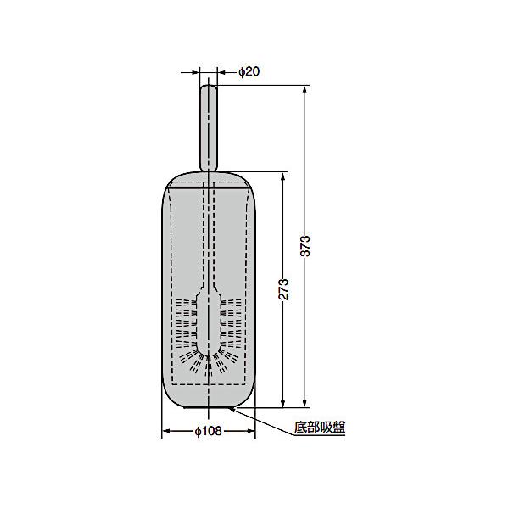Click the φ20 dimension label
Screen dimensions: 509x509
pos(249,71)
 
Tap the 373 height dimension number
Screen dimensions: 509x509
pos(305,246)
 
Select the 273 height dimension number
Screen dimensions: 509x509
pos(283,289)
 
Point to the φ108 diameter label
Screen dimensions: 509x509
pos(208,431)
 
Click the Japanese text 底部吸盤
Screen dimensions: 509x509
pos(320,428)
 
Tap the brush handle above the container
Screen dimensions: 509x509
pos(209,128)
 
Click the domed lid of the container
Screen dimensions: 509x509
pos(209,180)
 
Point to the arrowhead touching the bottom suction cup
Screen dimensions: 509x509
pos(231,410)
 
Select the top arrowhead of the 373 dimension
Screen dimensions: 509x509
pos(305,89)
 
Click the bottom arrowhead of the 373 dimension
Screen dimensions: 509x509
pos(305,403)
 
